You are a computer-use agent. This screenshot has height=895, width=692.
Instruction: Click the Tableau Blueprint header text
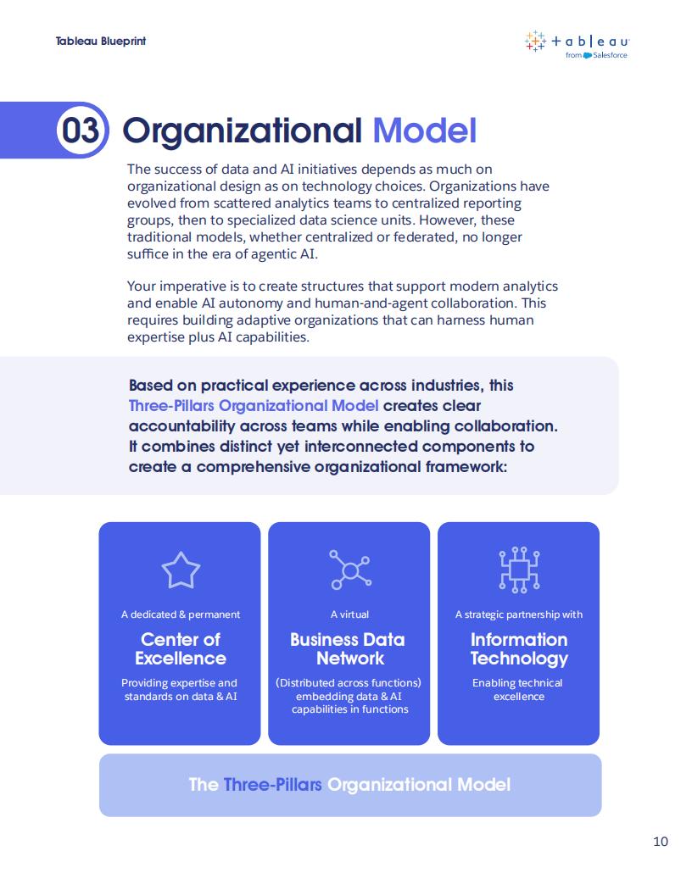[100, 41]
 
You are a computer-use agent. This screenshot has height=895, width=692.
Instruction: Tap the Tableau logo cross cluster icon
[535, 41]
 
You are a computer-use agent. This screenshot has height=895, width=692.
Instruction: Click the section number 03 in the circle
[81, 131]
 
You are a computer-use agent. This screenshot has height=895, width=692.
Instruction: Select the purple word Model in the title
[424, 131]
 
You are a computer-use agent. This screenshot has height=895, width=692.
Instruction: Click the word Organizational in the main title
[242, 131]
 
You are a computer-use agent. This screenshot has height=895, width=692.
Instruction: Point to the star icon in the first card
[181, 570]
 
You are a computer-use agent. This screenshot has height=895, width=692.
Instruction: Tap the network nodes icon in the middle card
[350, 570]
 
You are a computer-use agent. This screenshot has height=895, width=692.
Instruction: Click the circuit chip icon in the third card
[519, 570]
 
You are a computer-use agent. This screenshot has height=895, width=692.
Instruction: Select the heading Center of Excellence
[181, 648]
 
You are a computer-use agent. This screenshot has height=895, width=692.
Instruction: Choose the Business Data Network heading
[348, 648]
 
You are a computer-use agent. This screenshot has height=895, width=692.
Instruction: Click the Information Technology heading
[519, 649]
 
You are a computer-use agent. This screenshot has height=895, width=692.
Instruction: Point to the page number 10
[661, 841]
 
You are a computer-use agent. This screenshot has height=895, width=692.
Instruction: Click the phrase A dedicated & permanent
[181, 614]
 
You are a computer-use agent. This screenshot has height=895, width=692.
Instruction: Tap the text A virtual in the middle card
[349, 614]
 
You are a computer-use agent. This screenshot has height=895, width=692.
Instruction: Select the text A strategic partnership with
[519, 614]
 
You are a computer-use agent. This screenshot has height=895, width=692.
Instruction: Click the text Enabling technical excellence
[518, 690]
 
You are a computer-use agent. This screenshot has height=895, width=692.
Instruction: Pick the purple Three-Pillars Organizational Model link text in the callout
[254, 406]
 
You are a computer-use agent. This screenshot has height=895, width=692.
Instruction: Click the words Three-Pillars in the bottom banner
[272, 784]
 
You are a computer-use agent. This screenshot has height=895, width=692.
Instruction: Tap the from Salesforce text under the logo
[596, 55]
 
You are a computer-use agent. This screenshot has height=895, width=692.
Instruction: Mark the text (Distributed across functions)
[349, 682]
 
